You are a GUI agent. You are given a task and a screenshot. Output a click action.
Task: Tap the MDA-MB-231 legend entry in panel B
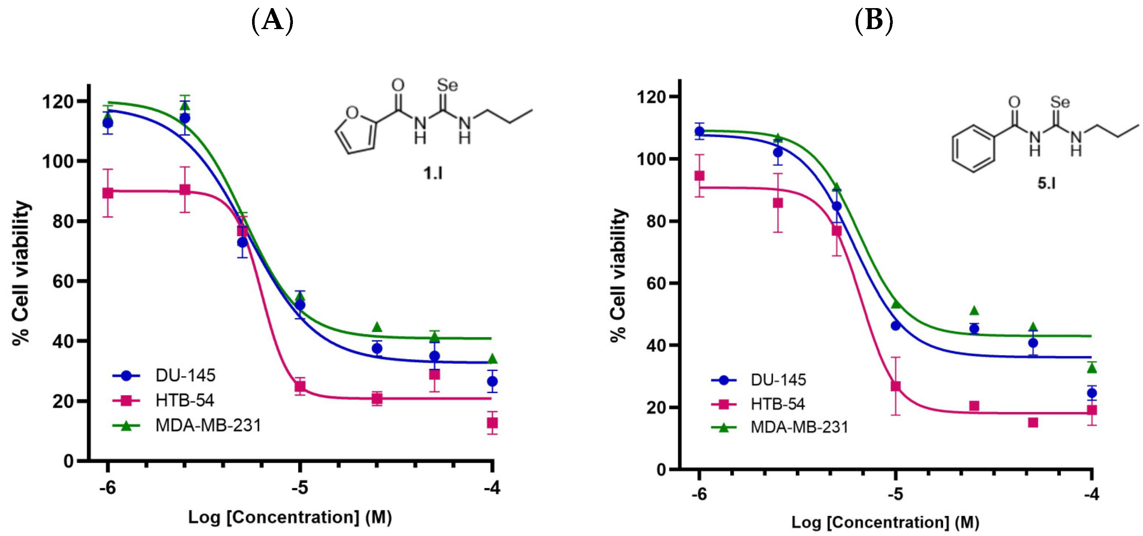click(799, 427)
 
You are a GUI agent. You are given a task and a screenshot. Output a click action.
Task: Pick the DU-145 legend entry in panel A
click(185, 376)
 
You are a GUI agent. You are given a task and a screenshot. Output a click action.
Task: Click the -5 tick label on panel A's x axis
click(300, 488)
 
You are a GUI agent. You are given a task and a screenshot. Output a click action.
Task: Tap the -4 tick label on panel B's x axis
click(1091, 494)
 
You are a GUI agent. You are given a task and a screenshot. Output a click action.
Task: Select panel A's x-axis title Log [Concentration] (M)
click(290, 517)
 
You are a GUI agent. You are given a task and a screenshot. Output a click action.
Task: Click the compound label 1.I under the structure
click(433, 173)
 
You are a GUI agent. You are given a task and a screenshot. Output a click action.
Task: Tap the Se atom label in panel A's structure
click(447, 85)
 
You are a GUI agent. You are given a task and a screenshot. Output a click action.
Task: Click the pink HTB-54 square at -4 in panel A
click(492, 423)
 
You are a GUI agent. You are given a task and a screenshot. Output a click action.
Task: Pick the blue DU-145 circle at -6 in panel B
click(699, 132)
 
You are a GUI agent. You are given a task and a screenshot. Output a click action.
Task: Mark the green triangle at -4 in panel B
click(1091, 368)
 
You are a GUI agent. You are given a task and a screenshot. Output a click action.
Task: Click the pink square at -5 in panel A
click(300, 386)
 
